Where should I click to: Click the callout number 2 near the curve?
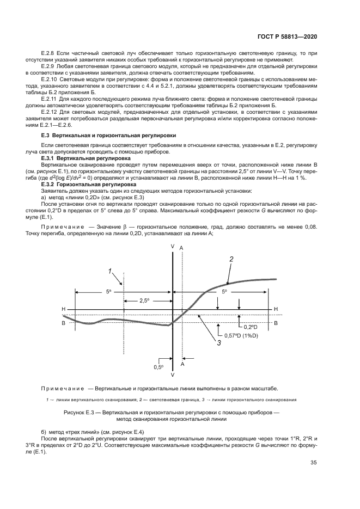click(231, 260)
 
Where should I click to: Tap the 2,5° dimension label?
click(144, 300)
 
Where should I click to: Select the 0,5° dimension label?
click(158, 367)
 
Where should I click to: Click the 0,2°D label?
click(250, 327)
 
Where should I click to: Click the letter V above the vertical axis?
click(173, 247)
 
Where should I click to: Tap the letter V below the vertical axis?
click(173, 376)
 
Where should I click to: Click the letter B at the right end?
click(276, 323)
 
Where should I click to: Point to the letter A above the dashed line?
click(181, 248)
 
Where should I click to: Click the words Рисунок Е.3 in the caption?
click(80, 413)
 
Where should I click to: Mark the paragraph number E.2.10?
click(52, 78)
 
